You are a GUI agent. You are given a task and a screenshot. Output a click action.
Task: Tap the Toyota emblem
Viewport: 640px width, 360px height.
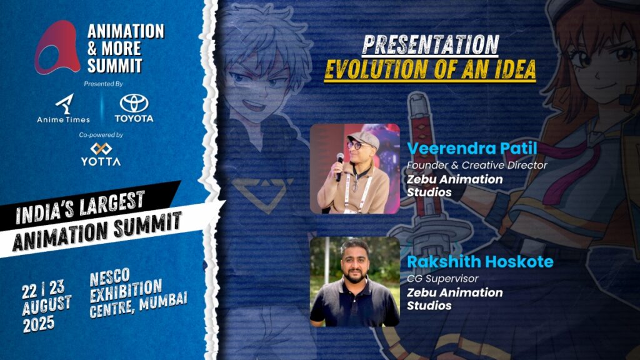point(134,104)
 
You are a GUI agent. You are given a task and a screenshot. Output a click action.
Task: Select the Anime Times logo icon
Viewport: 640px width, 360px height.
point(64,104)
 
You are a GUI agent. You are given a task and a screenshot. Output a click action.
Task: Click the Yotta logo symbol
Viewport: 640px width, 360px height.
point(101,149)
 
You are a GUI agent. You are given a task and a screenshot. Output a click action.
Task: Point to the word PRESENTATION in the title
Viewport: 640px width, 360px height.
point(430,44)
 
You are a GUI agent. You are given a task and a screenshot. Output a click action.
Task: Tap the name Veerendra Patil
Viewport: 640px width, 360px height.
point(472,149)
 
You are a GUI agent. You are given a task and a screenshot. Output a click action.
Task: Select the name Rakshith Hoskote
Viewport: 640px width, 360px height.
point(480,262)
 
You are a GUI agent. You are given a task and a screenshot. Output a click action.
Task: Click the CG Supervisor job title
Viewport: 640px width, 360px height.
point(442,279)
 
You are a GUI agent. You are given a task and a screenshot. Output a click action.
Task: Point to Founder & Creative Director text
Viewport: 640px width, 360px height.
point(477,165)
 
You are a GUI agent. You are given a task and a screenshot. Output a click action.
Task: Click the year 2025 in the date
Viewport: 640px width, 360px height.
point(38,324)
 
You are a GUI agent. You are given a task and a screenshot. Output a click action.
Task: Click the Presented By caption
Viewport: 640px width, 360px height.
point(103,84)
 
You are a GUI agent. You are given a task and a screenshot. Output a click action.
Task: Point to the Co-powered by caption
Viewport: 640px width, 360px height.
point(101,135)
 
